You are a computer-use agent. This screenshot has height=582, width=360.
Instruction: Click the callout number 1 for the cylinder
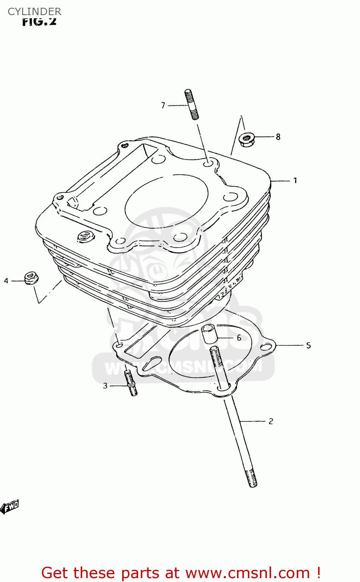[295, 180]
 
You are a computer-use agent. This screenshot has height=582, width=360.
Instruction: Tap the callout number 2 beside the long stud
[271, 421]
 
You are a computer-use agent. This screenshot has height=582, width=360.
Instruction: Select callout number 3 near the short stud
[105, 386]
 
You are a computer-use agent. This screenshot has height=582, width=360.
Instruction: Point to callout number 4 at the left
[6, 281]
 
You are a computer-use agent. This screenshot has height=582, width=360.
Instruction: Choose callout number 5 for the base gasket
[308, 345]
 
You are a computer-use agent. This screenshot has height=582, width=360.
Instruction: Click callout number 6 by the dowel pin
[239, 338]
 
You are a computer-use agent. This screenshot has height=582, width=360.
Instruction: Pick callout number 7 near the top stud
[163, 105]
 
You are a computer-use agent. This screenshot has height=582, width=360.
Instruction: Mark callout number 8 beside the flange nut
[278, 137]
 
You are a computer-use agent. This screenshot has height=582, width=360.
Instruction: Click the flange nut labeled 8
[246, 139]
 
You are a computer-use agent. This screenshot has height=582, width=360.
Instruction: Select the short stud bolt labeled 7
[192, 105]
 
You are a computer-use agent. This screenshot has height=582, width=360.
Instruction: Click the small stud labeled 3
[131, 383]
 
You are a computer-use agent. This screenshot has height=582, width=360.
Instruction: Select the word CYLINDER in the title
[35, 12]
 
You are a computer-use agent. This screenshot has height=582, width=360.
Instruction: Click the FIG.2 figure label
[39, 22]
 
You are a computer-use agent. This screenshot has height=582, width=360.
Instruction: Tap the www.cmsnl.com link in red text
[247, 573]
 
